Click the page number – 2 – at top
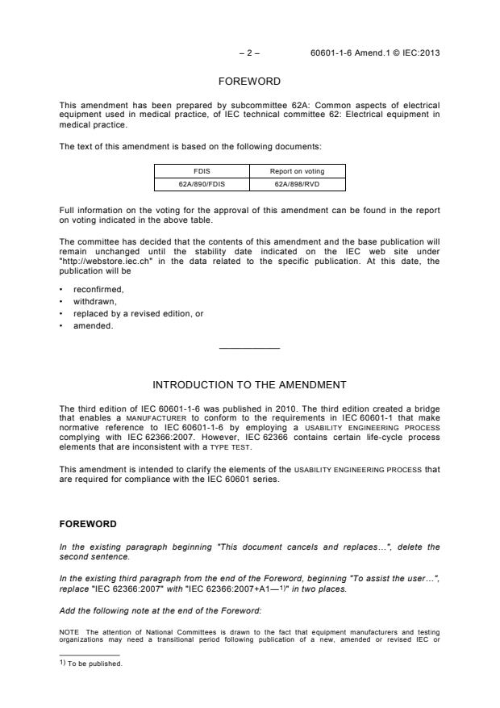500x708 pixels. pyautogui.click(x=249, y=53)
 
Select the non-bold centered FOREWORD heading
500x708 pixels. pyautogui.click(x=249, y=82)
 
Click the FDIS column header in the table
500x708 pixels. pyautogui.click(x=202, y=171)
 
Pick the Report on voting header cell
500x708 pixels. pyautogui.click(x=298, y=171)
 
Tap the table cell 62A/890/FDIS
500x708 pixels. pyautogui.click(x=202, y=184)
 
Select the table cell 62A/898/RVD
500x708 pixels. pyautogui.click(x=298, y=184)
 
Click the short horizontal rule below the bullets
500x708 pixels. pyautogui.click(x=249, y=348)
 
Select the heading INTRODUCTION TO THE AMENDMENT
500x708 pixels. pyautogui.click(x=249, y=384)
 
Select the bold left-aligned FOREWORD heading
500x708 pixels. pyautogui.click(x=87, y=524)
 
